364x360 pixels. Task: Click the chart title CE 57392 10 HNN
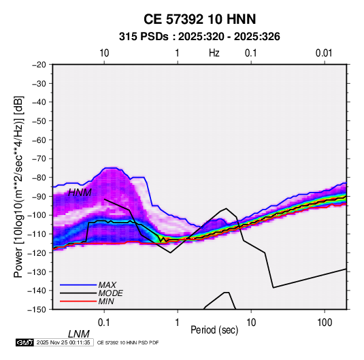pos(199,19)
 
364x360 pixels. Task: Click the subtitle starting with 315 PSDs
pos(199,37)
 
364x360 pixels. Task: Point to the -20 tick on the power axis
pos(39,65)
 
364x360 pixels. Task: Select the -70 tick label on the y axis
pos(39,159)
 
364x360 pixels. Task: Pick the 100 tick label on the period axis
pos(325,323)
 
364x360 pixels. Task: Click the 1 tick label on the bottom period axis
pos(178,323)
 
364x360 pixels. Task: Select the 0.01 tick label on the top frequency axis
pos(324,53)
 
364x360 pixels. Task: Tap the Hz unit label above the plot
pos(214,53)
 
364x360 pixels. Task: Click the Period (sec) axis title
pos(214,330)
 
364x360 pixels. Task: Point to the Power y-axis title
pos(18,187)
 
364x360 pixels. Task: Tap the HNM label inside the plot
pos(80,193)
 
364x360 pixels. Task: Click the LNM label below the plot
pos(79,334)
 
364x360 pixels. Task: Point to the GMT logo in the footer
pos(24,342)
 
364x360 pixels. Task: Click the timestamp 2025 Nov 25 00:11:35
pos(63,342)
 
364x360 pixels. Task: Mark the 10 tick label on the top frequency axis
pos(104,53)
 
